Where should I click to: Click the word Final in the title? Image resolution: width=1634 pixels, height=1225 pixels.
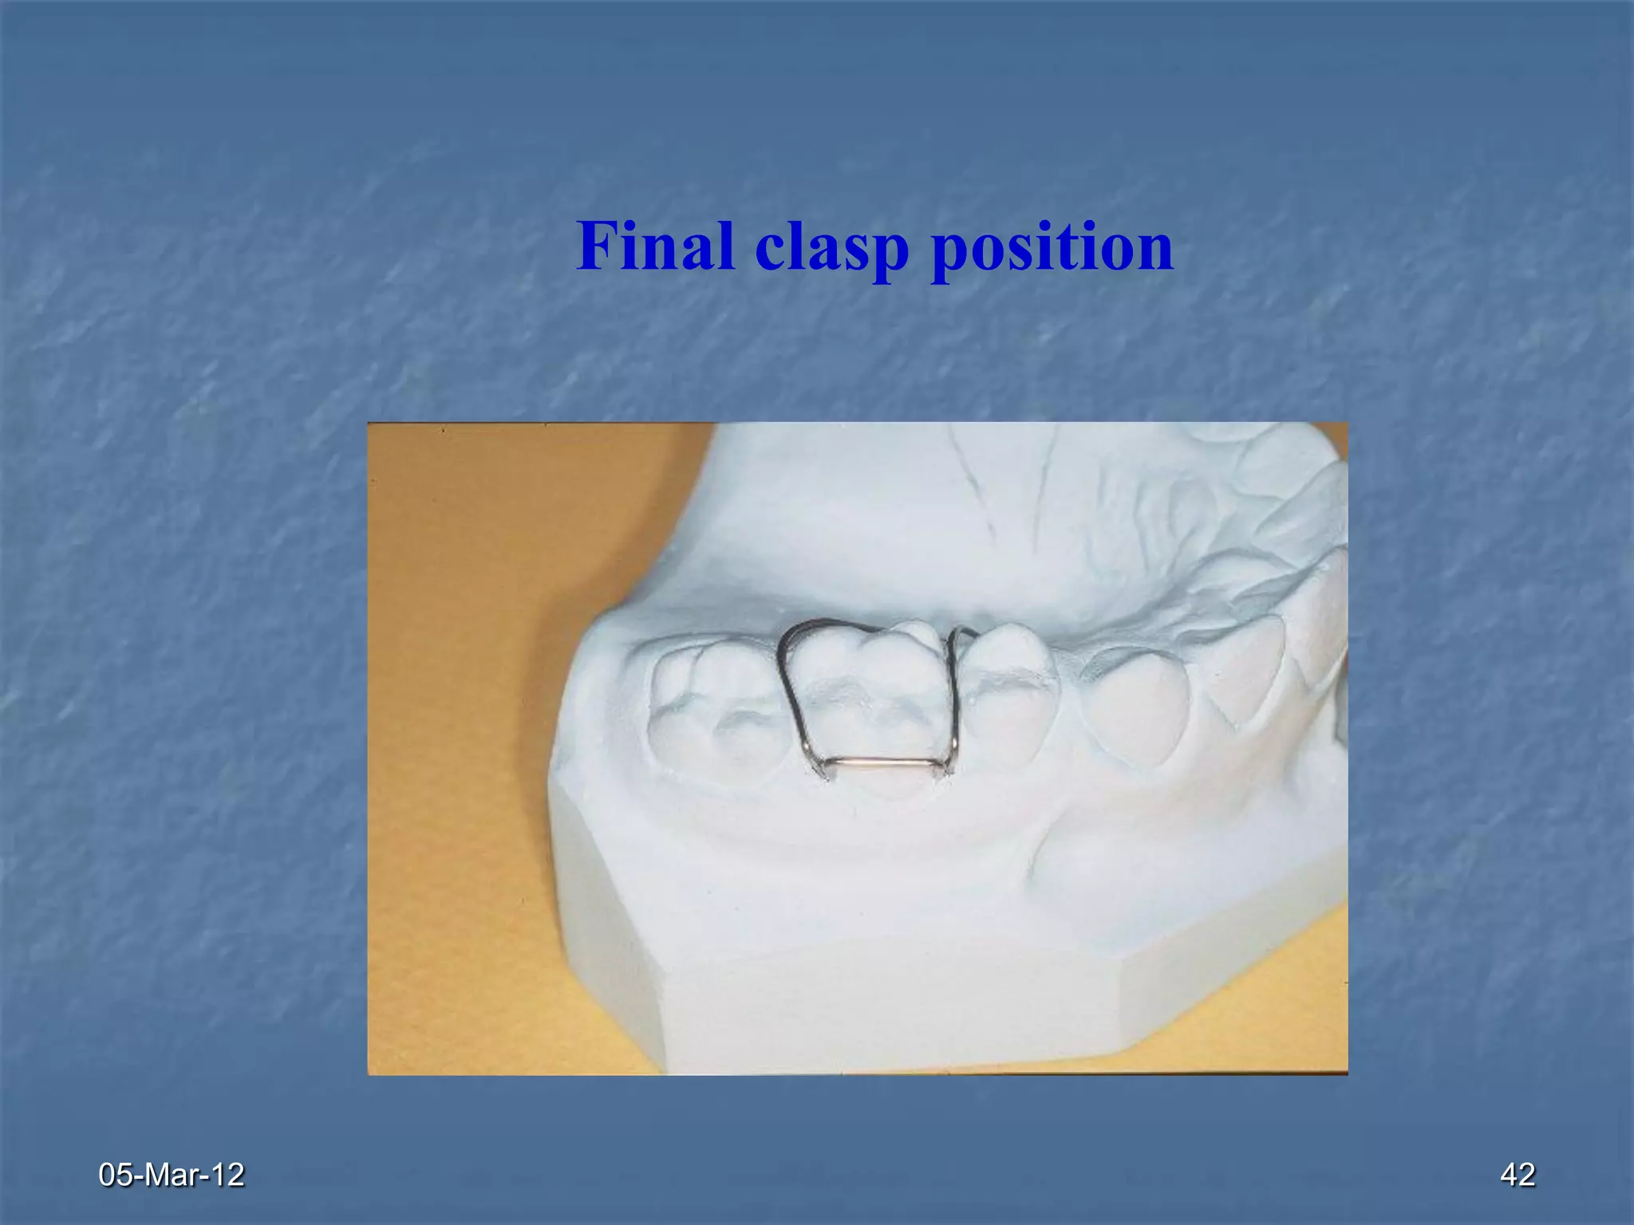[x=655, y=246]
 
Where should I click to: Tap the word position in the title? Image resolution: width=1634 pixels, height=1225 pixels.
[x=1052, y=249]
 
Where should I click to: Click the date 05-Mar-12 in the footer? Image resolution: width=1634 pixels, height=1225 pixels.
[x=171, y=1175]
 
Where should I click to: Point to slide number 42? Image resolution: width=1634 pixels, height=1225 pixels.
[x=1518, y=1175]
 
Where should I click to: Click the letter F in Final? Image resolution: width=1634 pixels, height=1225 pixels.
[x=597, y=246]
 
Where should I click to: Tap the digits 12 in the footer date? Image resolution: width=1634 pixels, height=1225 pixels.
[x=229, y=1175]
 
